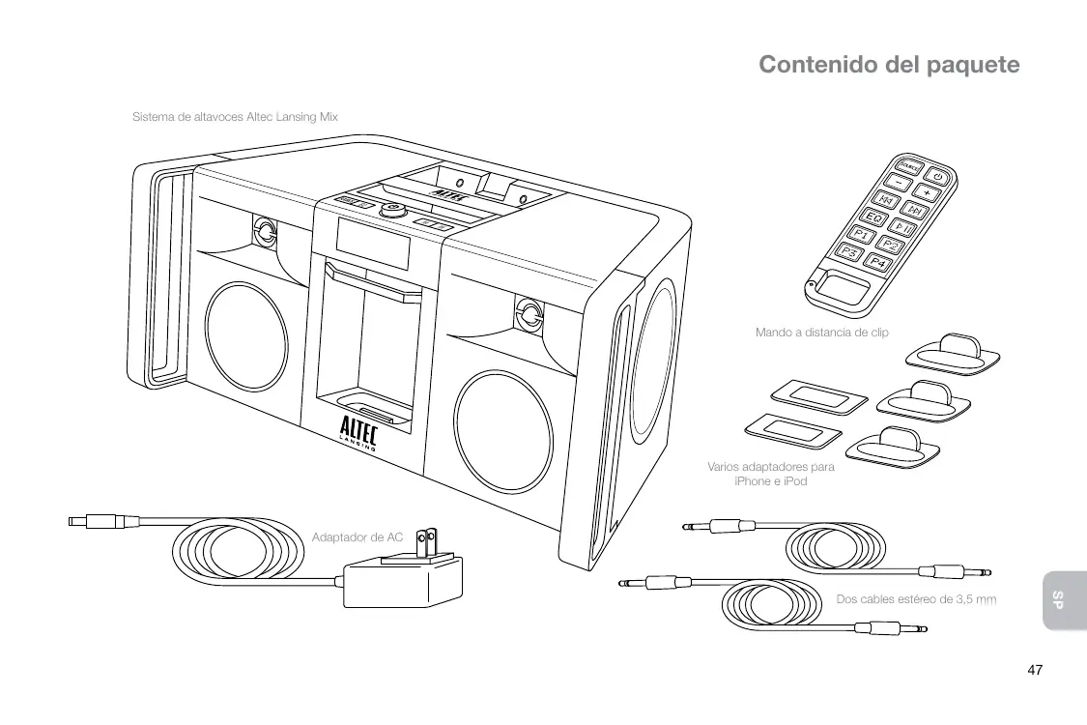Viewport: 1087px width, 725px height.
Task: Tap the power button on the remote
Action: point(938,177)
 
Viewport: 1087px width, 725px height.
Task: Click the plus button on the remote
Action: point(926,193)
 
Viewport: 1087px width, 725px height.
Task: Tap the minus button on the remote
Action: point(900,182)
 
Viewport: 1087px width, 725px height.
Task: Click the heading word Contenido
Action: point(817,65)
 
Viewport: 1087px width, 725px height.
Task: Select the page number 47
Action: point(1035,670)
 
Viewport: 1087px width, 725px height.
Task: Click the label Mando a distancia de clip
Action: point(821,333)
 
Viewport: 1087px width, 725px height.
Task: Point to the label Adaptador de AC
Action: point(358,537)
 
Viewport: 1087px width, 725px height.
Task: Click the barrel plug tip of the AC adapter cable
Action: point(75,522)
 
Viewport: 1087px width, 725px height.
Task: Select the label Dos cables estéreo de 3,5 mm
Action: point(915,599)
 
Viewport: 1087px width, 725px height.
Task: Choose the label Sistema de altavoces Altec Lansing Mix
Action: point(235,117)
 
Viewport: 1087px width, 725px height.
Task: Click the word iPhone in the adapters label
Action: point(756,481)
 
